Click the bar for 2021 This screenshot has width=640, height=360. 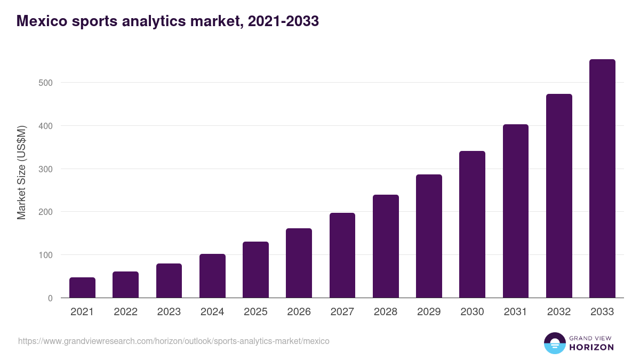coord(82,287)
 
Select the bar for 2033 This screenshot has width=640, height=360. coord(602,179)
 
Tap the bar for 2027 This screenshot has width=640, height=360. coord(342,255)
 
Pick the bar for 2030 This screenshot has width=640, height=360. coord(472,225)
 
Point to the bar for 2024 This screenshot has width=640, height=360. coord(212,276)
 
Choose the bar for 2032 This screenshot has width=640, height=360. coord(559,196)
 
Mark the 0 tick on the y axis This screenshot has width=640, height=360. coord(50,298)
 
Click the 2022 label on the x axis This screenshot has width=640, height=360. coord(125,312)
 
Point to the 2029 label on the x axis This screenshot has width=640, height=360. coord(429,312)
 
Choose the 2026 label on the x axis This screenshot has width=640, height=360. coord(299,312)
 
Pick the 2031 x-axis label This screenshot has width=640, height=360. coord(516,312)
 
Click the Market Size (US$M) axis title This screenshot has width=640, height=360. coord(21,172)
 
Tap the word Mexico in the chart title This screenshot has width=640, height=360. coord(41,21)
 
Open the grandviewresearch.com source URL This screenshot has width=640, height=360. coord(174,341)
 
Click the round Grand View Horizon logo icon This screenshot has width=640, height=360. coord(554,343)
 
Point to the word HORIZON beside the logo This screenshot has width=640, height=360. coord(591,347)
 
